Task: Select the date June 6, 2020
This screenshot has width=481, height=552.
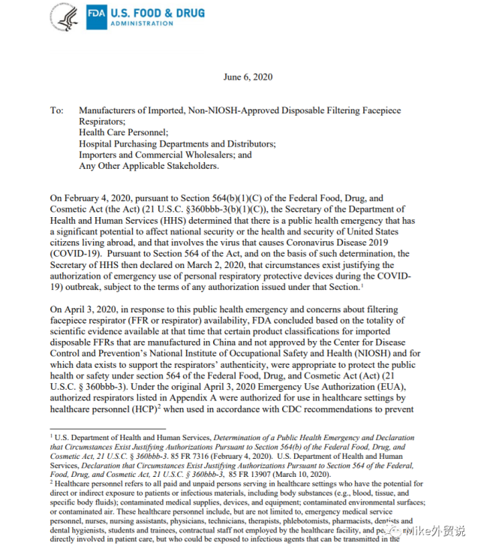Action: (248, 77)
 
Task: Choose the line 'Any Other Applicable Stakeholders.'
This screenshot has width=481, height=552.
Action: (149, 166)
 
